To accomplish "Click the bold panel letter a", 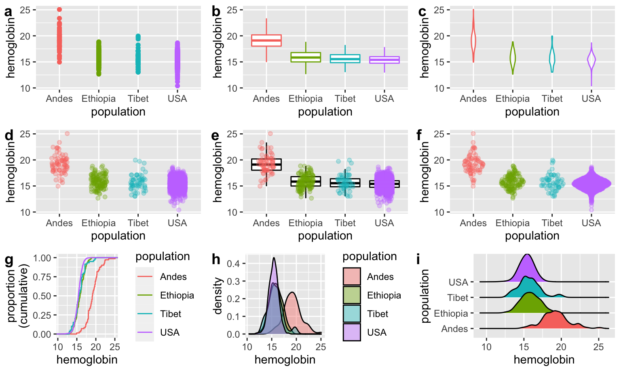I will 8,12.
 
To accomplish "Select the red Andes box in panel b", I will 266,40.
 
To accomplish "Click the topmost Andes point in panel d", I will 67,134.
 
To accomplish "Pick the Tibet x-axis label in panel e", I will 345,223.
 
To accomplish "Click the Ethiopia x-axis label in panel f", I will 512,223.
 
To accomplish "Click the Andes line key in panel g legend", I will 145,277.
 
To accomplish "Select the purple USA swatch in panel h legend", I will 351,332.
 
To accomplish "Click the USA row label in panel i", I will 458,282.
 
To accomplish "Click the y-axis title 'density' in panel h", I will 218,296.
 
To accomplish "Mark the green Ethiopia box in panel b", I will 306,57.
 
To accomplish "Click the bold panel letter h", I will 216,260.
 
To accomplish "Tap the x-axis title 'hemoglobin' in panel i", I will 544,359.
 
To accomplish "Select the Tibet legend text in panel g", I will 171,314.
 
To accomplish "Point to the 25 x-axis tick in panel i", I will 598,347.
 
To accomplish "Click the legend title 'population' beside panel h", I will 370,256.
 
